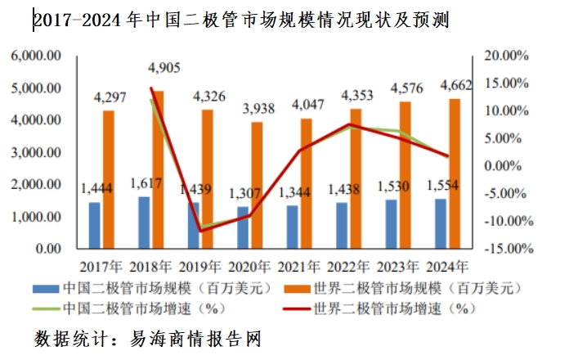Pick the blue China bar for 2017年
(x=95, y=225)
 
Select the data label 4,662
(x=455, y=84)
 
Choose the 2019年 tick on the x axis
(x=201, y=267)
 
